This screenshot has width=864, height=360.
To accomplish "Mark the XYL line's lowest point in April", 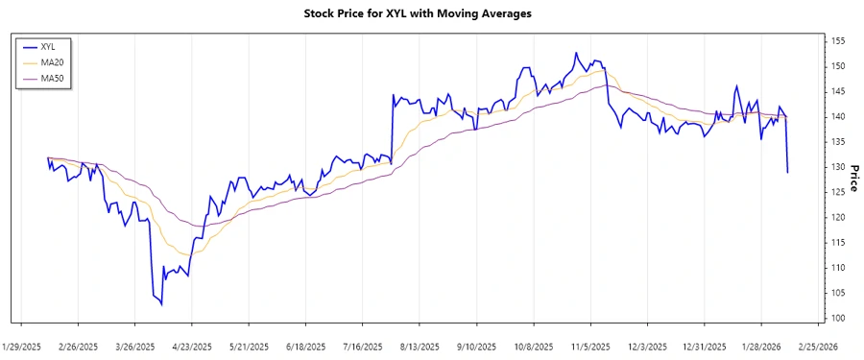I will tap(161, 305).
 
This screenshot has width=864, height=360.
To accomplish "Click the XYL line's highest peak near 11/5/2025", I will tap(576, 53).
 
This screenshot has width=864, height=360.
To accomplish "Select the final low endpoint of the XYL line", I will tap(788, 173).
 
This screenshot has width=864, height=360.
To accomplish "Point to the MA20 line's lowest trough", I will tap(184, 254).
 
